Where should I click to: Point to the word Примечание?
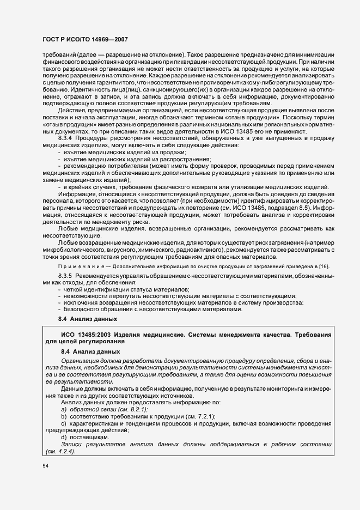77,265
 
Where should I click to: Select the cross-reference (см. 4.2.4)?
60,451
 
